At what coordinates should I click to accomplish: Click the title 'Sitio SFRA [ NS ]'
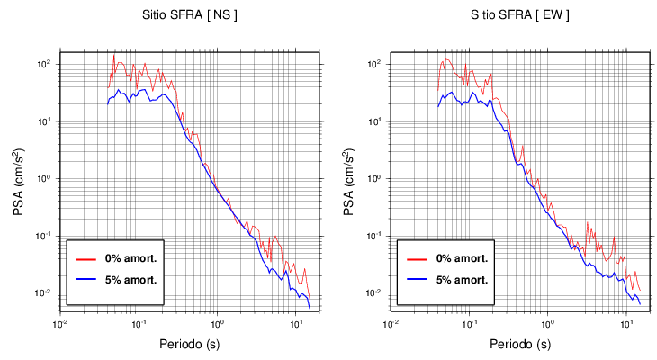tap(190, 15)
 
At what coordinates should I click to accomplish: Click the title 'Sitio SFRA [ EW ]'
tap(520, 15)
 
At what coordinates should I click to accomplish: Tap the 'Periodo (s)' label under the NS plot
tap(190, 344)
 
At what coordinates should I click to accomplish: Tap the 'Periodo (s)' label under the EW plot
tap(520, 344)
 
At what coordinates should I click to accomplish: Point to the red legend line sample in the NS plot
tap(85, 258)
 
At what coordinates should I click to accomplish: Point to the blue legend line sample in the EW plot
tap(416, 279)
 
